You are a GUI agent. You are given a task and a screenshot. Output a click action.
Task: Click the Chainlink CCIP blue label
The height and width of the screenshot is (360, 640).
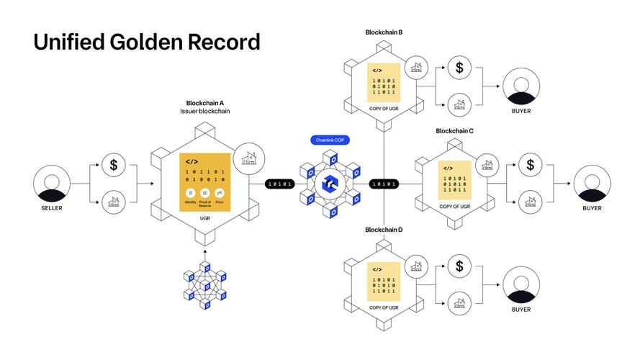click(329, 140)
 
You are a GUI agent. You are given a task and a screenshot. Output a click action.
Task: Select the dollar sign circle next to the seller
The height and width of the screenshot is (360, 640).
click(113, 165)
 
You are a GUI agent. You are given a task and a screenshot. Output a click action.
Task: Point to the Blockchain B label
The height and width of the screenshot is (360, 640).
click(384, 32)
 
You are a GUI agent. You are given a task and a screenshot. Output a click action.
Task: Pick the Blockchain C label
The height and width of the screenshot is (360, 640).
click(454, 131)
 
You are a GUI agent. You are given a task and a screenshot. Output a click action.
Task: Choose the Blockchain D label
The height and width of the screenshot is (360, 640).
click(384, 230)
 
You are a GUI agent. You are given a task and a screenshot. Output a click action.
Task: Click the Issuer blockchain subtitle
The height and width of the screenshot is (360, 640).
click(205, 111)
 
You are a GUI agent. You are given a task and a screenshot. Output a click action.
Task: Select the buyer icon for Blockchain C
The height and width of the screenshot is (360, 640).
click(591, 184)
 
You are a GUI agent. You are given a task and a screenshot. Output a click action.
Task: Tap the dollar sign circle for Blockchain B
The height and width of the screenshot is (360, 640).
click(459, 69)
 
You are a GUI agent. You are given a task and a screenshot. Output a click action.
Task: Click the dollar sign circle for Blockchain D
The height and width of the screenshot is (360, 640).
click(459, 266)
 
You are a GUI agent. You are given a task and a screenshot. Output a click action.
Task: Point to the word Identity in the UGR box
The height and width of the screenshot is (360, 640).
click(190, 202)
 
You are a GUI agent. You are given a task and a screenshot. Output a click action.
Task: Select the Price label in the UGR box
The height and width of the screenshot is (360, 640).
click(220, 202)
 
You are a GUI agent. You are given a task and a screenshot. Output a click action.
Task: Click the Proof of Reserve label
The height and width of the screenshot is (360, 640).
click(204, 204)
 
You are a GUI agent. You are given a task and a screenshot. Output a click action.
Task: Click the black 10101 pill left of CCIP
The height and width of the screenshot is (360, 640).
click(280, 184)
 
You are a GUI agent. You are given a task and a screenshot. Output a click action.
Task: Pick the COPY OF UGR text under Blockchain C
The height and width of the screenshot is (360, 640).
click(455, 207)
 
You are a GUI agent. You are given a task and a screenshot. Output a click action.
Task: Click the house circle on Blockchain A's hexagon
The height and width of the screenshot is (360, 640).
click(249, 157)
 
